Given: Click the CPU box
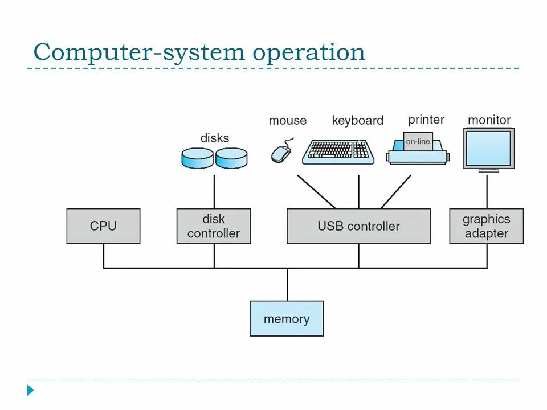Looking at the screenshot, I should [x=103, y=226].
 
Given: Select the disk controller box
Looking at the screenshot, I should [x=214, y=226].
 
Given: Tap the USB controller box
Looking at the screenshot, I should [x=358, y=226].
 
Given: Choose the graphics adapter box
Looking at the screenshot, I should [x=486, y=226].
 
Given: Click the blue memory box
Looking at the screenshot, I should [x=287, y=319].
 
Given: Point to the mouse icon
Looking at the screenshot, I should [x=281, y=153].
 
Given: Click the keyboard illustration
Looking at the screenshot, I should [x=338, y=151].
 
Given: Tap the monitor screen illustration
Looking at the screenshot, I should [x=489, y=148].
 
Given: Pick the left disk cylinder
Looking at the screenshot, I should [x=197, y=158].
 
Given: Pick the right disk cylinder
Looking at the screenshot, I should [x=231, y=158].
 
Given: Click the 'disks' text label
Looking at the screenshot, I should [x=215, y=138].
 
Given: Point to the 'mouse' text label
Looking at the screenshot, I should [x=287, y=121].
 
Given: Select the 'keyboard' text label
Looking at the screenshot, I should [x=357, y=121].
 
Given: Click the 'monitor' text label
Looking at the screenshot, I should [x=489, y=120].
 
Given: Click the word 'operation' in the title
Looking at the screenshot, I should [x=309, y=52].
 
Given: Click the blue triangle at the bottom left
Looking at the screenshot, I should [x=31, y=391].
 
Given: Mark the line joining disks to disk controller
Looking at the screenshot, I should [x=214, y=191].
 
